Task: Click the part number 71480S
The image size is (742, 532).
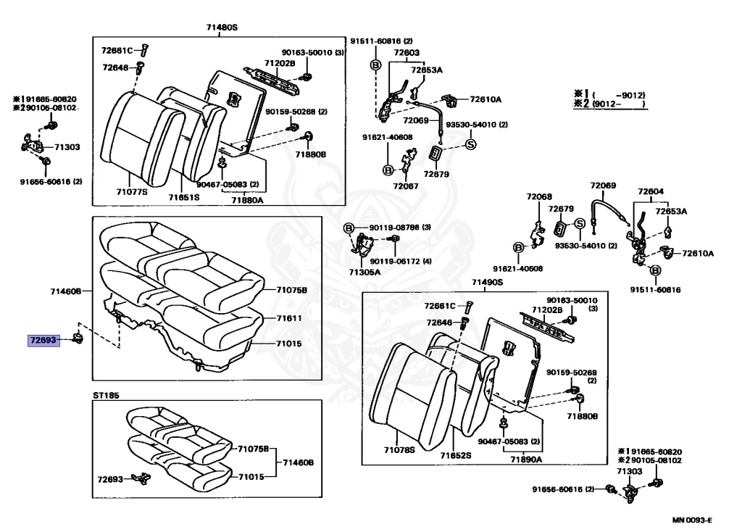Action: pyautogui.click(x=222, y=28)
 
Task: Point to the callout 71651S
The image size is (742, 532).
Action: pyautogui.click(x=184, y=196)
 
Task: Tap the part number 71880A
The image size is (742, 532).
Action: pyautogui.click(x=248, y=199)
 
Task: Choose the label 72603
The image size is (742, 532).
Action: pyautogui.click(x=407, y=53)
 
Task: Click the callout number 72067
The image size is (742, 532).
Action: pyautogui.click(x=406, y=186)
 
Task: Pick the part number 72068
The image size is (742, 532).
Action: pyautogui.click(x=539, y=196)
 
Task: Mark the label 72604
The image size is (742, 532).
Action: pyautogui.click(x=651, y=192)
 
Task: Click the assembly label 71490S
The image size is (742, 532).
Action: pyautogui.click(x=487, y=283)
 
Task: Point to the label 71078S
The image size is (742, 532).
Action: pyautogui.click(x=399, y=450)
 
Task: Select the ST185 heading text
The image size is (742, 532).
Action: pyautogui.click(x=105, y=396)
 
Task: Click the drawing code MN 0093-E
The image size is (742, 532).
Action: pyautogui.click(x=692, y=520)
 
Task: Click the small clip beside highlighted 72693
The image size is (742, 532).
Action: pyautogui.click(x=78, y=338)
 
